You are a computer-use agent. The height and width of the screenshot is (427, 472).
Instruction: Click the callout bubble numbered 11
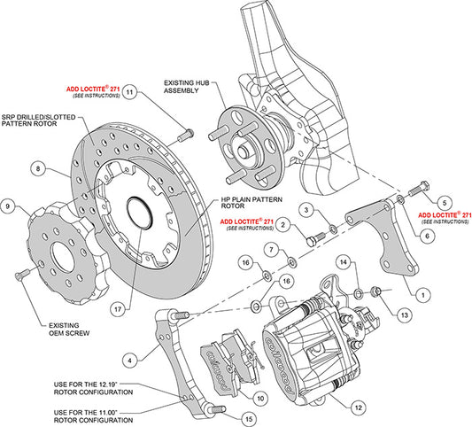129,92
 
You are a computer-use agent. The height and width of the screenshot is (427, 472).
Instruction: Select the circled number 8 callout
39,167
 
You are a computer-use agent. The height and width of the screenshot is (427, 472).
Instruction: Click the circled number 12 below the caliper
357,407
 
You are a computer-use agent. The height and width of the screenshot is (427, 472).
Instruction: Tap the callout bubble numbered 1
423,294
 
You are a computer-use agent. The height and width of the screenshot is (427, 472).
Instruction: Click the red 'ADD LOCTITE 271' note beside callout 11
91,92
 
